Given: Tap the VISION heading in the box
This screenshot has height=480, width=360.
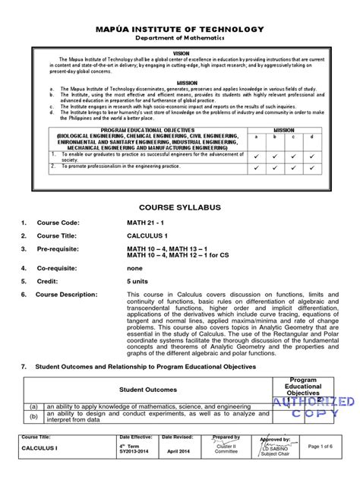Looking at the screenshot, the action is pos(180,53).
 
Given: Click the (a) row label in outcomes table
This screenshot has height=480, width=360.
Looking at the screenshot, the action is pos(34,406).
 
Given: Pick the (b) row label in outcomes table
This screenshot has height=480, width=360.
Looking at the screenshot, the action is pos(34,417).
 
